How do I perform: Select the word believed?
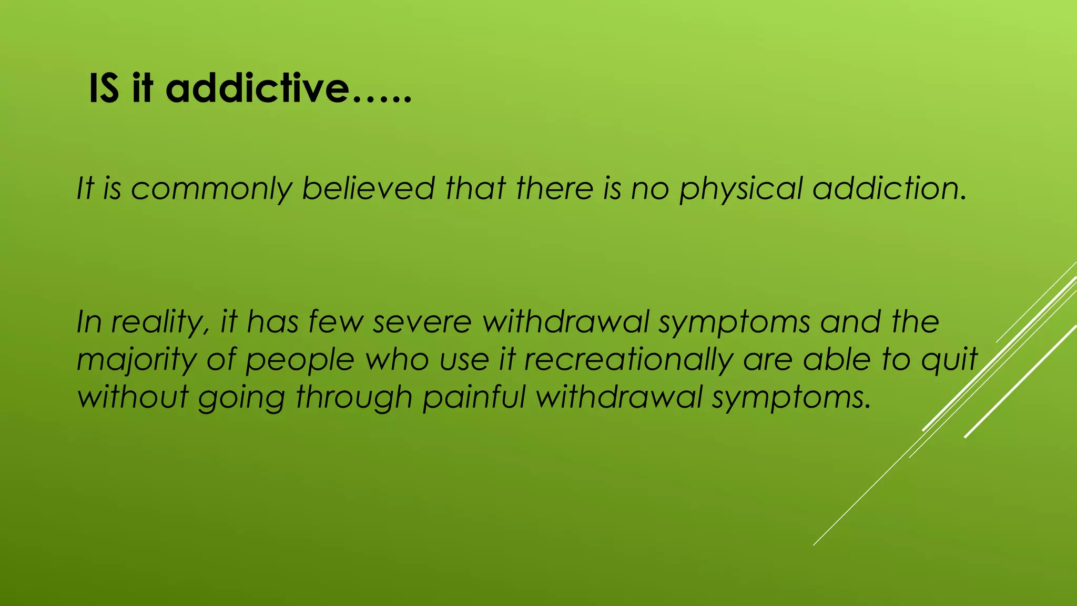368,188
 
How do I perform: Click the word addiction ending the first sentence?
889,188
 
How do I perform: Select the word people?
300,360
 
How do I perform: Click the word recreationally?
628,360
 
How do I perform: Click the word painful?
474,397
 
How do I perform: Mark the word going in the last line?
241,397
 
